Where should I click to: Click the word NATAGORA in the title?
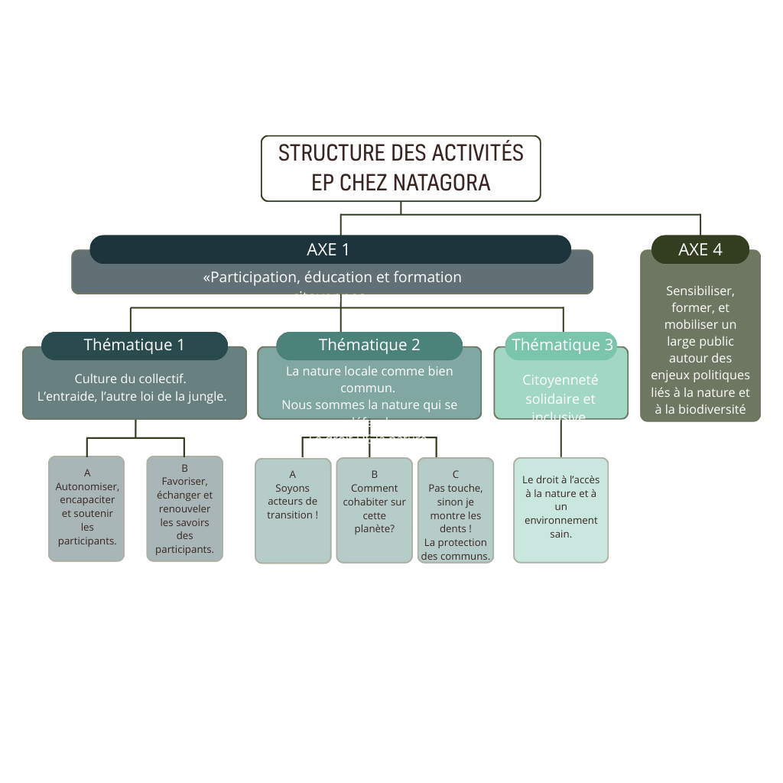(x=442, y=183)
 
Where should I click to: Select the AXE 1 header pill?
(x=330, y=249)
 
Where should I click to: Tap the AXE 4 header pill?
(x=700, y=249)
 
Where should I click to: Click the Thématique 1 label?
(x=134, y=345)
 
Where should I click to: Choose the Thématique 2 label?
(x=369, y=345)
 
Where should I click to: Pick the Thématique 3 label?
(x=562, y=345)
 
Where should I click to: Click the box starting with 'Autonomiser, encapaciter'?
(x=86, y=508)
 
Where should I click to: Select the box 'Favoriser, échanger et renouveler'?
(x=184, y=508)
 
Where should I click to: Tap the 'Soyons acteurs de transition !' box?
(x=293, y=510)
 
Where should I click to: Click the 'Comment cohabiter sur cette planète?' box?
(x=375, y=510)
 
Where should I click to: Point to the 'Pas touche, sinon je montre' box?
(x=455, y=510)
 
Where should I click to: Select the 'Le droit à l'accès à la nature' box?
(x=560, y=509)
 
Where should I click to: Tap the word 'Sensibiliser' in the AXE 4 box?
(x=700, y=291)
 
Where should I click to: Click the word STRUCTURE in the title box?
(x=332, y=153)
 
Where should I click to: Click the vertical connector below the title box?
(x=401, y=208)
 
